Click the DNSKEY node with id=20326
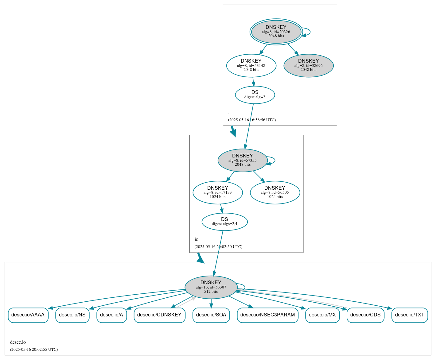[276, 32]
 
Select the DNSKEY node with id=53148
[251, 65]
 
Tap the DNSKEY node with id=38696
[308, 65]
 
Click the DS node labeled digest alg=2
[255, 95]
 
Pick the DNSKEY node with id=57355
[242, 160]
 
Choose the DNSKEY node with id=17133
[217, 192]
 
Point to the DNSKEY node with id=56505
[275, 192]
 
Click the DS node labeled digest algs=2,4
[224, 222]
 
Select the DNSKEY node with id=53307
[211, 287]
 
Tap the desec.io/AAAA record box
[28, 315]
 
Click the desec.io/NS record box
[72, 315]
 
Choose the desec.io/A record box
[111, 315]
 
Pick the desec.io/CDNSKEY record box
[159, 315]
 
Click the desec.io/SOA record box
[211, 315]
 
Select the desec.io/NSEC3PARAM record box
[267, 315]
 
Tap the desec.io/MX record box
[322, 315]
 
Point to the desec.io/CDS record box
[365, 315]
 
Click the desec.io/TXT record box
[410, 315]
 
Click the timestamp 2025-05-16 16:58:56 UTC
[252, 120]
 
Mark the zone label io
[197, 239]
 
